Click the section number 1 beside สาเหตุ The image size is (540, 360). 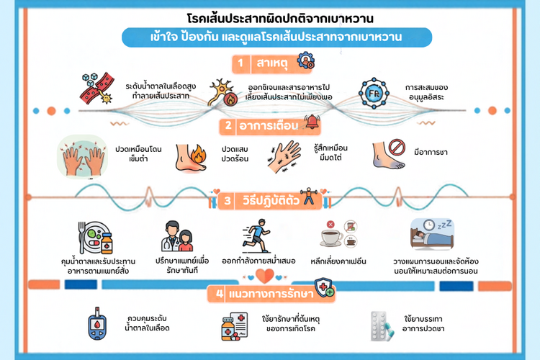[x=240, y=63]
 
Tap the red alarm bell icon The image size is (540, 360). [x=312, y=122]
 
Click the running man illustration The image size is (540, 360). [x=256, y=236]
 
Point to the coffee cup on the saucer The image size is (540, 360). [x=332, y=238]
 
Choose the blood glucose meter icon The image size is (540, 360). [x=97, y=323]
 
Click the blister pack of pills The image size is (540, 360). [x=382, y=326]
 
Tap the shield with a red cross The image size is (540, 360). [x=324, y=288]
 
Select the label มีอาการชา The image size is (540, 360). [x=431, y=152]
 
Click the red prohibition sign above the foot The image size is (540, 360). [x=397, y=147]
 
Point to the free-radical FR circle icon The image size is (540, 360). [x=374, y=94]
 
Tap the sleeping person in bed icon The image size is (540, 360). [x=432, y=234]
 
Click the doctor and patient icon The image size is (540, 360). [x=177, y=236]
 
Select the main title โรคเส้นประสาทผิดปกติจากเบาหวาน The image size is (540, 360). [x=280, y=18]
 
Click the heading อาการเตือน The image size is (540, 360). [x=269, y=126]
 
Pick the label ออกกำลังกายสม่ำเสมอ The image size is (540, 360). [x=258, y=261]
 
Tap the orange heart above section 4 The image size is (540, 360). [x=264, y=276]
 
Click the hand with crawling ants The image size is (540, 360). [x=284, y=157]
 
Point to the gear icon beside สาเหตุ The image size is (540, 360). [x=306, y=60]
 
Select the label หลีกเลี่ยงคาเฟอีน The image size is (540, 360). [x=338, y=261]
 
